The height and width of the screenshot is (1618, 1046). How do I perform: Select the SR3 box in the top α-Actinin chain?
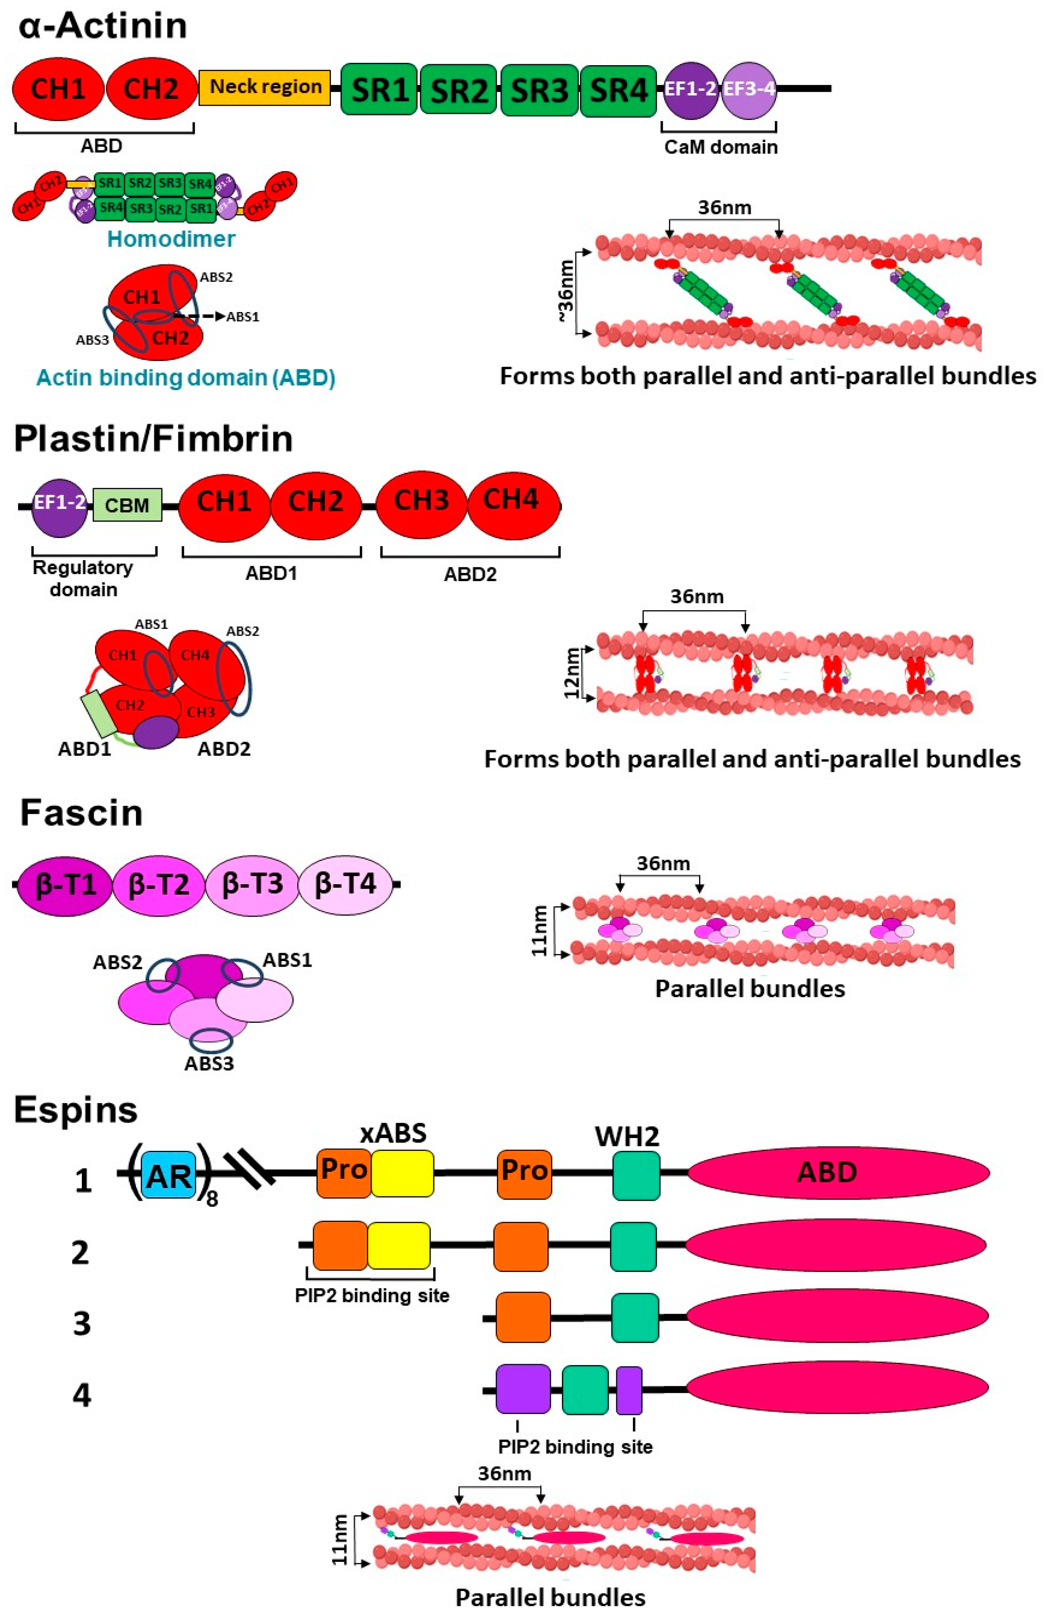(x=539, y=90)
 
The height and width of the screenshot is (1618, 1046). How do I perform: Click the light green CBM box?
(x=127, y=505)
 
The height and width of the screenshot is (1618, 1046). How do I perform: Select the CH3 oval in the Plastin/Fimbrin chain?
(x=421, y=501)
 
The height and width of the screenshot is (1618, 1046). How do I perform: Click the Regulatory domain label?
(x=83, y=578)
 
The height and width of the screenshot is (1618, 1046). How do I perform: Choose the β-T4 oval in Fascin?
(x=345, y=884)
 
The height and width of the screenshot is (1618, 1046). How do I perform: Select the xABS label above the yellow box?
(x=393, y=1133)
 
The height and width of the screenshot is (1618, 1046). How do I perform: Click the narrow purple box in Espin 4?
(x=629, y=1390)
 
